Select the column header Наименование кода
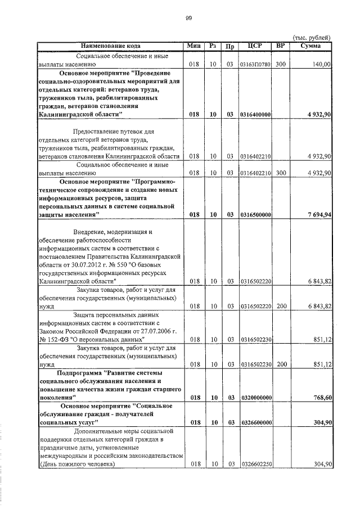click(x=111, y=46)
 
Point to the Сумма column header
click(x=311, y=46)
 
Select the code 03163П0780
click(x=256, y=65)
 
